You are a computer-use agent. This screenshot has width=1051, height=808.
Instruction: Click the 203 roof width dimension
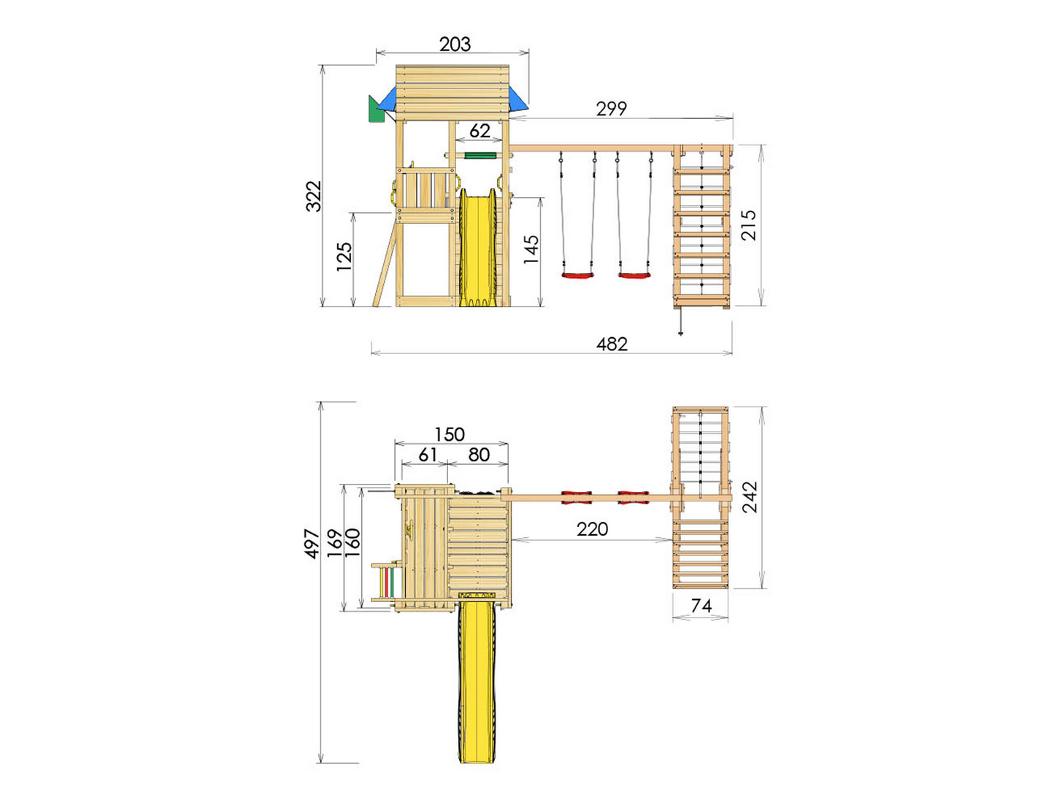[x=454, y=45]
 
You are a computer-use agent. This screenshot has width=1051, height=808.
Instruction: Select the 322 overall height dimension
[x=314, y=196]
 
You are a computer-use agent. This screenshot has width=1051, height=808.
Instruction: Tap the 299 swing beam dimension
[x=612, y=109]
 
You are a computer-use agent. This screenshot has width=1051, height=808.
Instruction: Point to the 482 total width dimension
[x=612, y=344]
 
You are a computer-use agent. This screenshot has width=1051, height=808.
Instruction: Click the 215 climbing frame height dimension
[x=748, y=226]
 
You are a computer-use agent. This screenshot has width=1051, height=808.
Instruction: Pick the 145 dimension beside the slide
[x=531, y=249]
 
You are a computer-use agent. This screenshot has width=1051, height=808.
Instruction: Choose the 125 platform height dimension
[x=344, y=256]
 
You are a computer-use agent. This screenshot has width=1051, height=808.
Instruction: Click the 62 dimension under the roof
[x=480, y=131]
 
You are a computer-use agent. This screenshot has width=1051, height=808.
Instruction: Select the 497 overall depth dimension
[x=312, y=544]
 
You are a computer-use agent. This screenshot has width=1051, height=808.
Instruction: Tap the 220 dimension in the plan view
[x=592, y=529]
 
